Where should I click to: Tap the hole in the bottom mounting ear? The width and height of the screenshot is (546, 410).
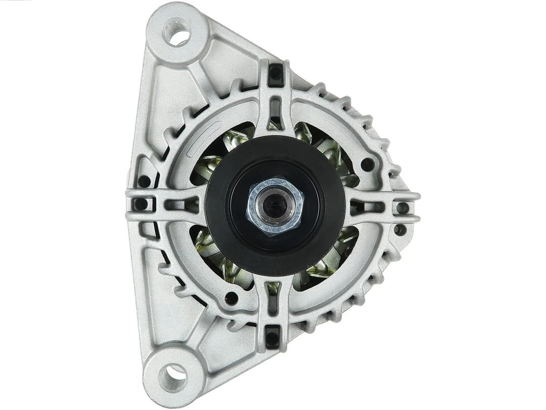(x=172, y=375)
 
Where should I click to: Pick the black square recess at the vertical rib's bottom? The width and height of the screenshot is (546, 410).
(x=274, y=335)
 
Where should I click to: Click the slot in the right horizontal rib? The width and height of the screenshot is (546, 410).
(x=373, y=207)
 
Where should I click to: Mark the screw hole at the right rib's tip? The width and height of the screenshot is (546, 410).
(x=402, y=208)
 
